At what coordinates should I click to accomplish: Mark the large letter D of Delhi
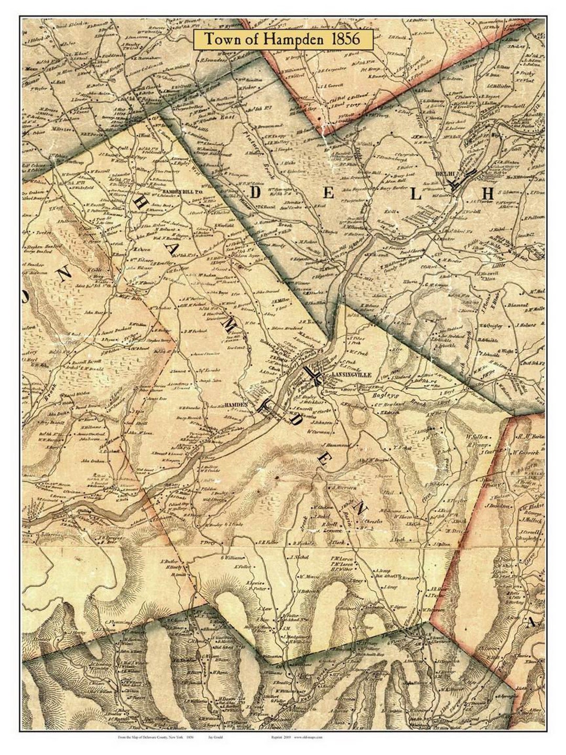tap(256, 193)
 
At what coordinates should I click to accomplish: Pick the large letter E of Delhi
tap(329, 193)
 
